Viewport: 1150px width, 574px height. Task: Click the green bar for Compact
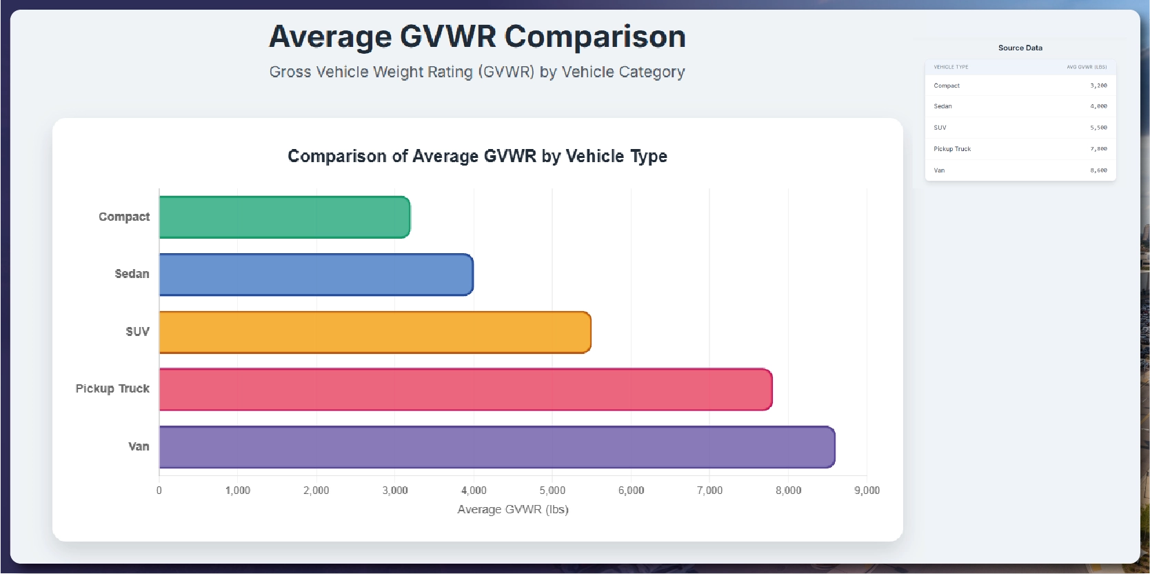click(x=285, y=217)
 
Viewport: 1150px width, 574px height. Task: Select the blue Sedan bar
click(x=316, y=275)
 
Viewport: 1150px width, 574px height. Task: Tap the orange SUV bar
click(x=375, y=333)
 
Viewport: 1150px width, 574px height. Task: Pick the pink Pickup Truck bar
click(x=465, y=390)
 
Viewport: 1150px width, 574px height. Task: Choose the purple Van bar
click(x=496, y=447)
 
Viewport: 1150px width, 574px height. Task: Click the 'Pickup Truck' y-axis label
click(x=112, y=389)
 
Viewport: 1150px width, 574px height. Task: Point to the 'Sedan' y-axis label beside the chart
click(x=132, y=274)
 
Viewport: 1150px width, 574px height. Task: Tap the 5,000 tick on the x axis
click(x=552, y=491)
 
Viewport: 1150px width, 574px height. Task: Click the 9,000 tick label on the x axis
click(x=867, y=491)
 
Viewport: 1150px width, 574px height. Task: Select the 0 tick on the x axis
click(x=159, y=491)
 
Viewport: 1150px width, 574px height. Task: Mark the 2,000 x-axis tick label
click(x=316, y=491)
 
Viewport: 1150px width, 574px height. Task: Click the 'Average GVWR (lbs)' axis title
click(x=513, y=510)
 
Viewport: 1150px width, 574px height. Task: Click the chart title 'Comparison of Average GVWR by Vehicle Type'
click(x=477, y=157)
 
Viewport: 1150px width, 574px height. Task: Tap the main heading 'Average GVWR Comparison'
click(x=477, y=37)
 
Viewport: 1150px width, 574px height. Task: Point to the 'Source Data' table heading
click(x=1020, y=48)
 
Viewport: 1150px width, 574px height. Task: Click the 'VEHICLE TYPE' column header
click(x=951, y=67)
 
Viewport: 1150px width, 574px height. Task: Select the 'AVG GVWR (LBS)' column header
click(x=1087, y=67)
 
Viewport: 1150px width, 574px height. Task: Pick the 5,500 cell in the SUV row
click(x=1098, y=128)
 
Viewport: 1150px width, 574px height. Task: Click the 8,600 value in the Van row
click(x=1098, y=170)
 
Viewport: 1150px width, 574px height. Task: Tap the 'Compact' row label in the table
click(x=947, y=86)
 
